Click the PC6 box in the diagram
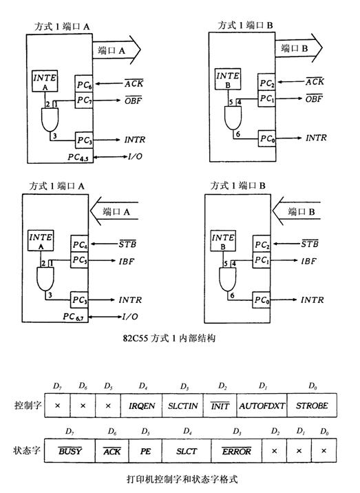[x=85, y=86]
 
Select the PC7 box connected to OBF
[x=85, y=101]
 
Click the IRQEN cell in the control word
[x=140, y=406]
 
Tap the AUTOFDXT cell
[x=262, y=406]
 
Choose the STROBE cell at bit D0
[x=312, y=406]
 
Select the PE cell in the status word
[x=145, y=452]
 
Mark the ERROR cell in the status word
[x=236, y=452]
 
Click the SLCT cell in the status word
[x=186, y=452]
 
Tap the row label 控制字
[x=28, y=406]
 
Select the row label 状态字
[x=28, y=451]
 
